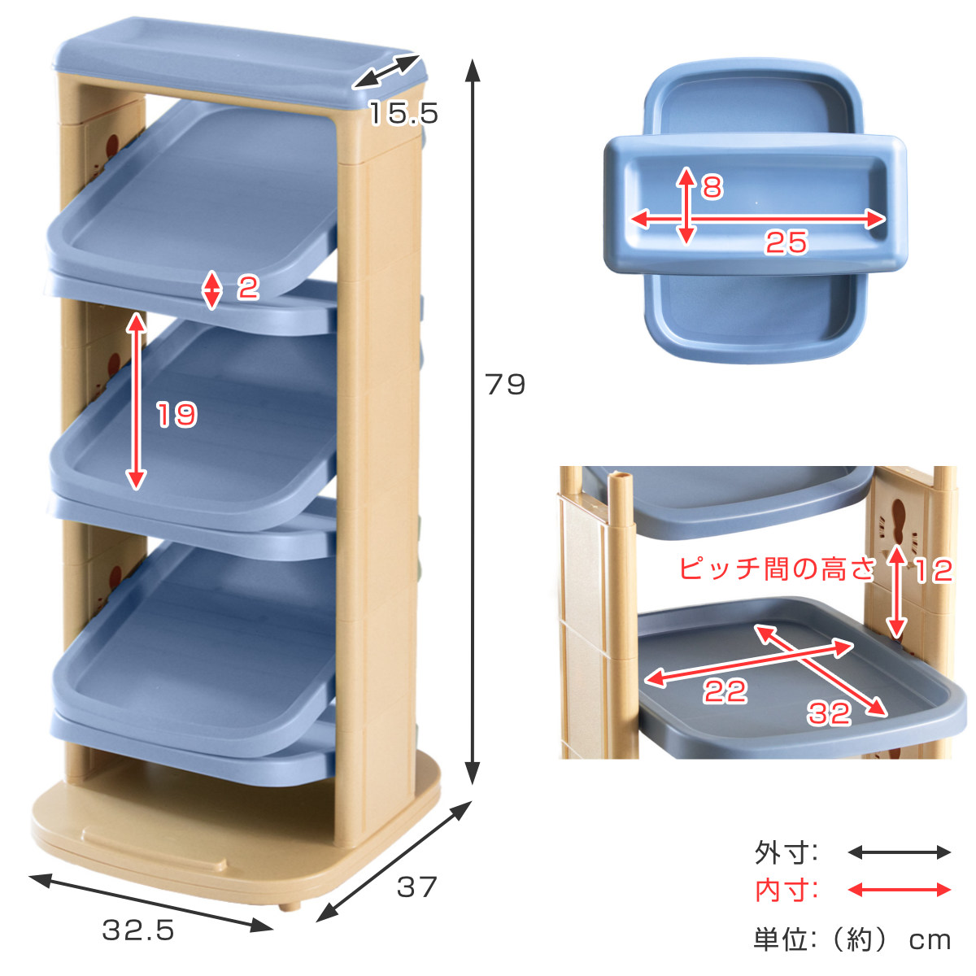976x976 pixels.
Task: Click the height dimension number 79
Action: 505,384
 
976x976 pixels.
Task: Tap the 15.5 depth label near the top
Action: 403,112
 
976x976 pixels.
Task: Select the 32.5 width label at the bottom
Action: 138,930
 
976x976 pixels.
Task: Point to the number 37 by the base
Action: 416,887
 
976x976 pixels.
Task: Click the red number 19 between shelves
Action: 176,414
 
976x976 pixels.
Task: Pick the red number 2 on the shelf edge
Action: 248,287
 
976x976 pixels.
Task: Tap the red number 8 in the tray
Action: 712,187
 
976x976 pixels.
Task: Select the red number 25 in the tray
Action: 786,242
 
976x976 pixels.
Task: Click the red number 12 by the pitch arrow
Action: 933,571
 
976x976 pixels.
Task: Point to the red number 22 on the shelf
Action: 725,691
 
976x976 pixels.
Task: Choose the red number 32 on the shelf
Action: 829,713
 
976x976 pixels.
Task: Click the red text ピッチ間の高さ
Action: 778,569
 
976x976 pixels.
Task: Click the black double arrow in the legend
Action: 899,852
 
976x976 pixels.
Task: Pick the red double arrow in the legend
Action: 899,890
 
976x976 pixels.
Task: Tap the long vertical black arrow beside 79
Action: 473,421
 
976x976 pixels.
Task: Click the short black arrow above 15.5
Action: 386,72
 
